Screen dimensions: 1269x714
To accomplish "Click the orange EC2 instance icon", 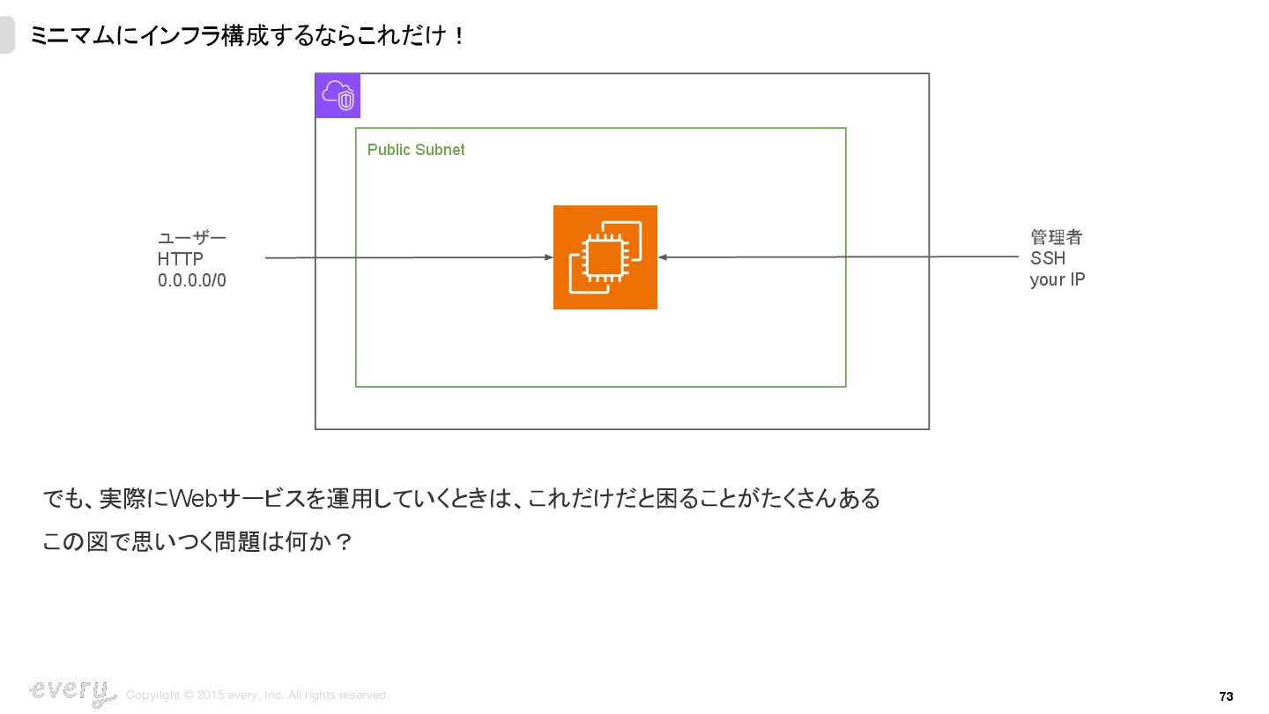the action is tap(605, 257).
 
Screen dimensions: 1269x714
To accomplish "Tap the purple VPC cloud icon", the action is tap(338, 96).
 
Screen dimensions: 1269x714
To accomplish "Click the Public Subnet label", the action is tap(415, 150).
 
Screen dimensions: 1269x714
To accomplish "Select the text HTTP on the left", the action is tap(180, 259).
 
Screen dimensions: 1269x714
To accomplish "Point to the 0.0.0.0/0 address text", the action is tap(191, 281).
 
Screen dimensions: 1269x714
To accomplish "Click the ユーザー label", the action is tap(191, 238).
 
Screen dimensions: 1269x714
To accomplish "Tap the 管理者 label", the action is tap(1056, 237).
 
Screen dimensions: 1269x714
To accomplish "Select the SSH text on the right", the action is tap(1047, 258).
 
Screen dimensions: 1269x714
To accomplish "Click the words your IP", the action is tap(1057, 280).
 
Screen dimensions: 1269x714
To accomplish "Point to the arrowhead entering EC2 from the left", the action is tap(548, 257).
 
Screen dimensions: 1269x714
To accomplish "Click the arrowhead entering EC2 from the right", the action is tap(663, 257).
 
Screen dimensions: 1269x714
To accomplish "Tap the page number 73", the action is tap(1226, 696).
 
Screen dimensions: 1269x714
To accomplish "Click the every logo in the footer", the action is tap(72, 692).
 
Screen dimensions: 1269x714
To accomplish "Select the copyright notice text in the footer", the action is tap(257, 695).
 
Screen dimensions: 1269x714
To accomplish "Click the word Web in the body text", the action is tap(193, 499).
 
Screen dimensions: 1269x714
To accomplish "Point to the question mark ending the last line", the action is tap(345, 541).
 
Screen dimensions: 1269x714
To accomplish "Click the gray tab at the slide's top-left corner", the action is tap(7, 36).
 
